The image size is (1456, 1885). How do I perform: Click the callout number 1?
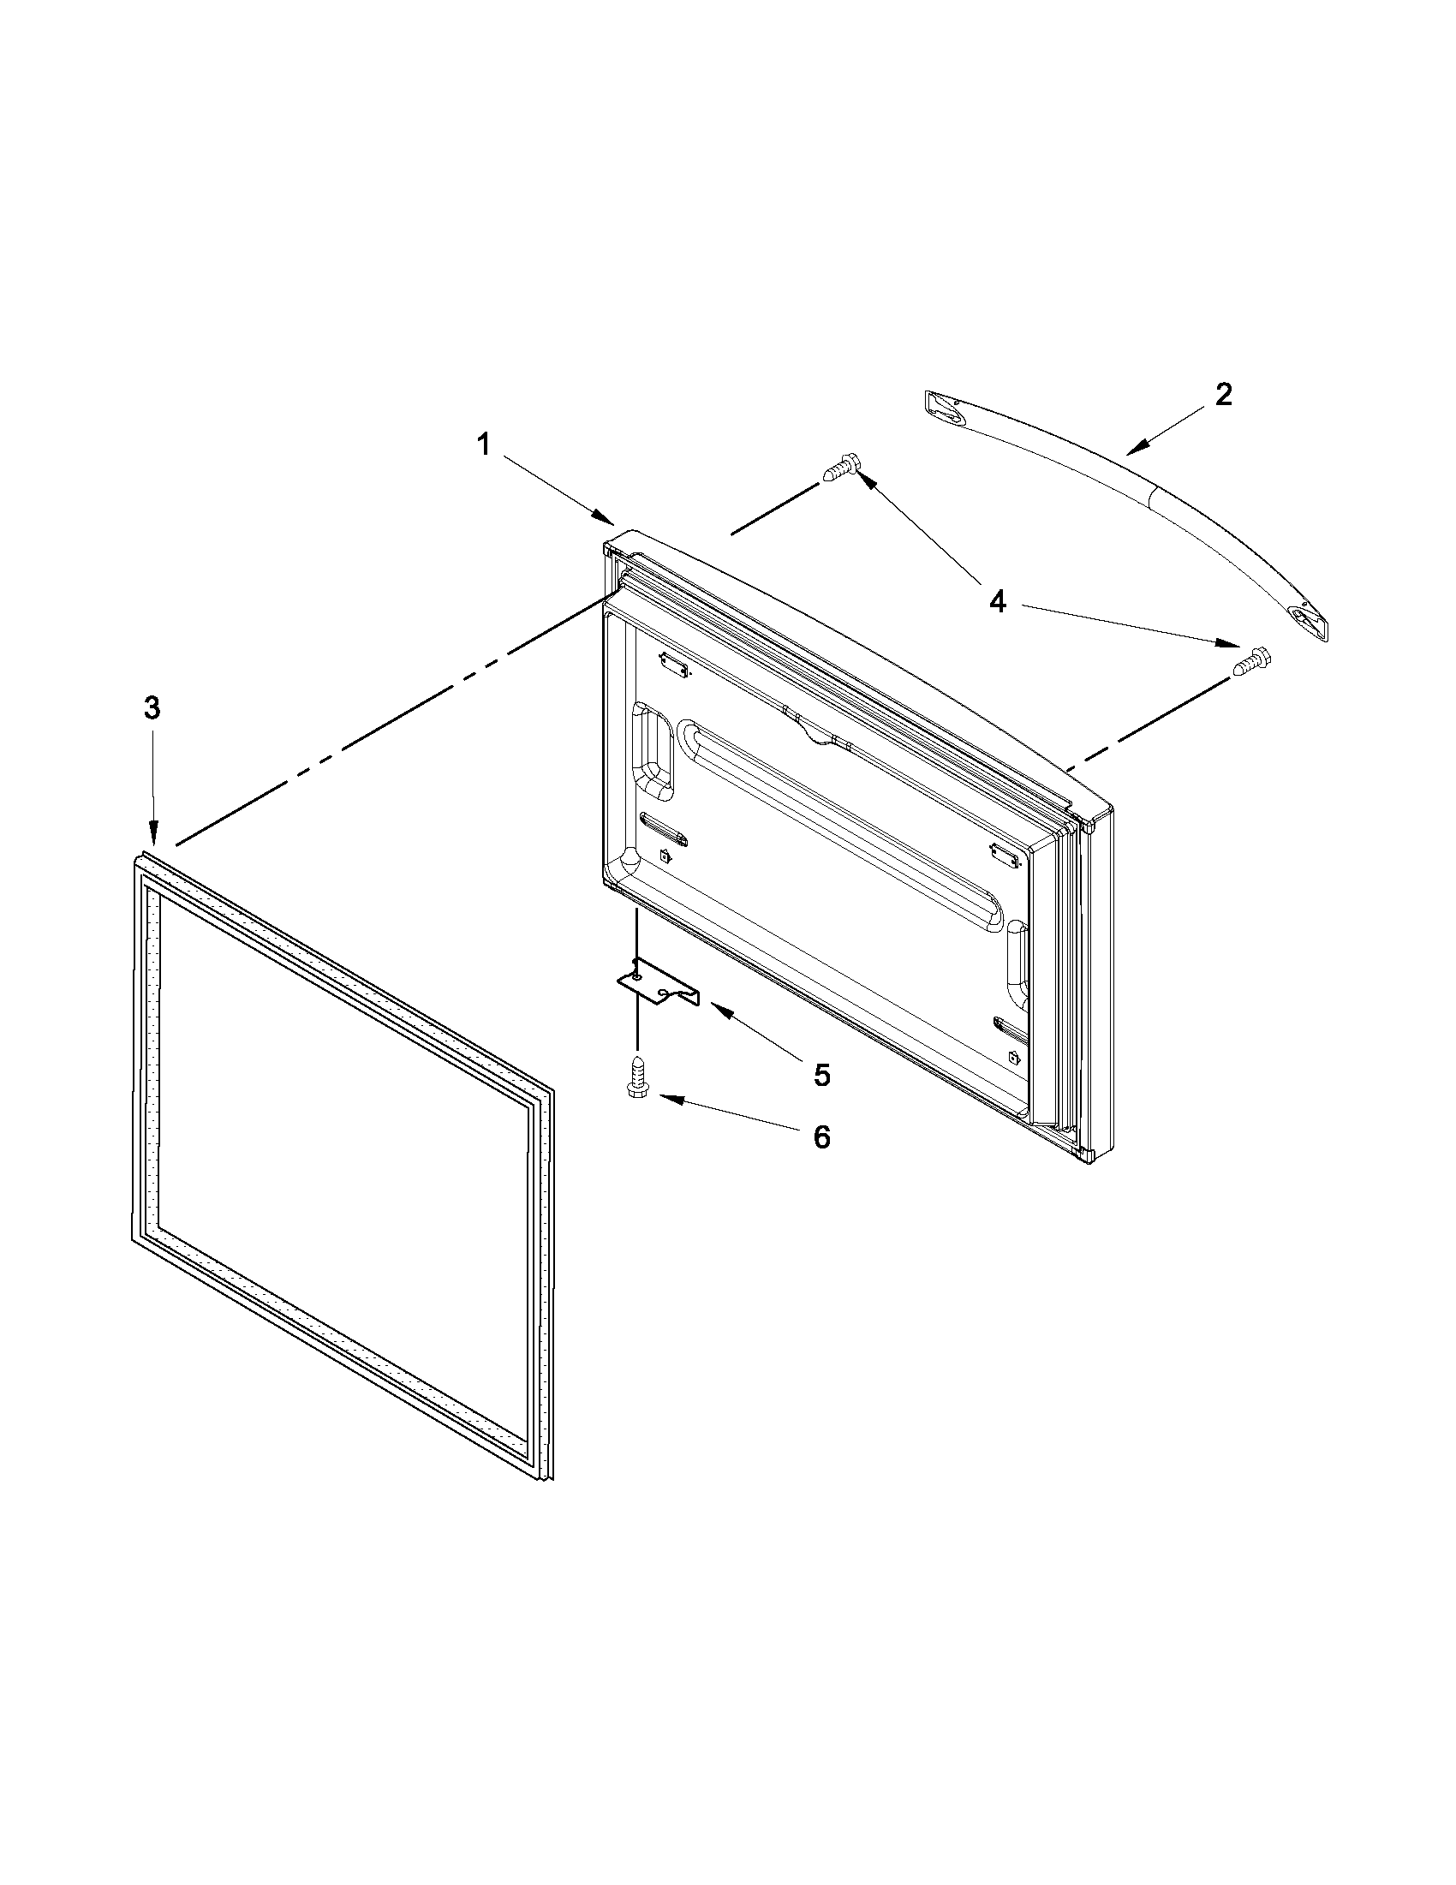pyautogui.click(x=484, y=445)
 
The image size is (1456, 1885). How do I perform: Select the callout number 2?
pyautogui.click(x=1222, y=396)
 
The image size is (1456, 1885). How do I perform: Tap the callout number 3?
pyautogui.click(x=152, y=708)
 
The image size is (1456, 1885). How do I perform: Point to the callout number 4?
pyautogui.click(x=998, y=601)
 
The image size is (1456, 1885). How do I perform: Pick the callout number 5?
pyautogui.click(x=821, y=1075)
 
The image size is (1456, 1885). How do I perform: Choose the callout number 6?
pyautogui.click(x=821, y=1136)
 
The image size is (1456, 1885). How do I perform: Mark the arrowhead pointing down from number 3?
pyautogui.click(x=153, y=835)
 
